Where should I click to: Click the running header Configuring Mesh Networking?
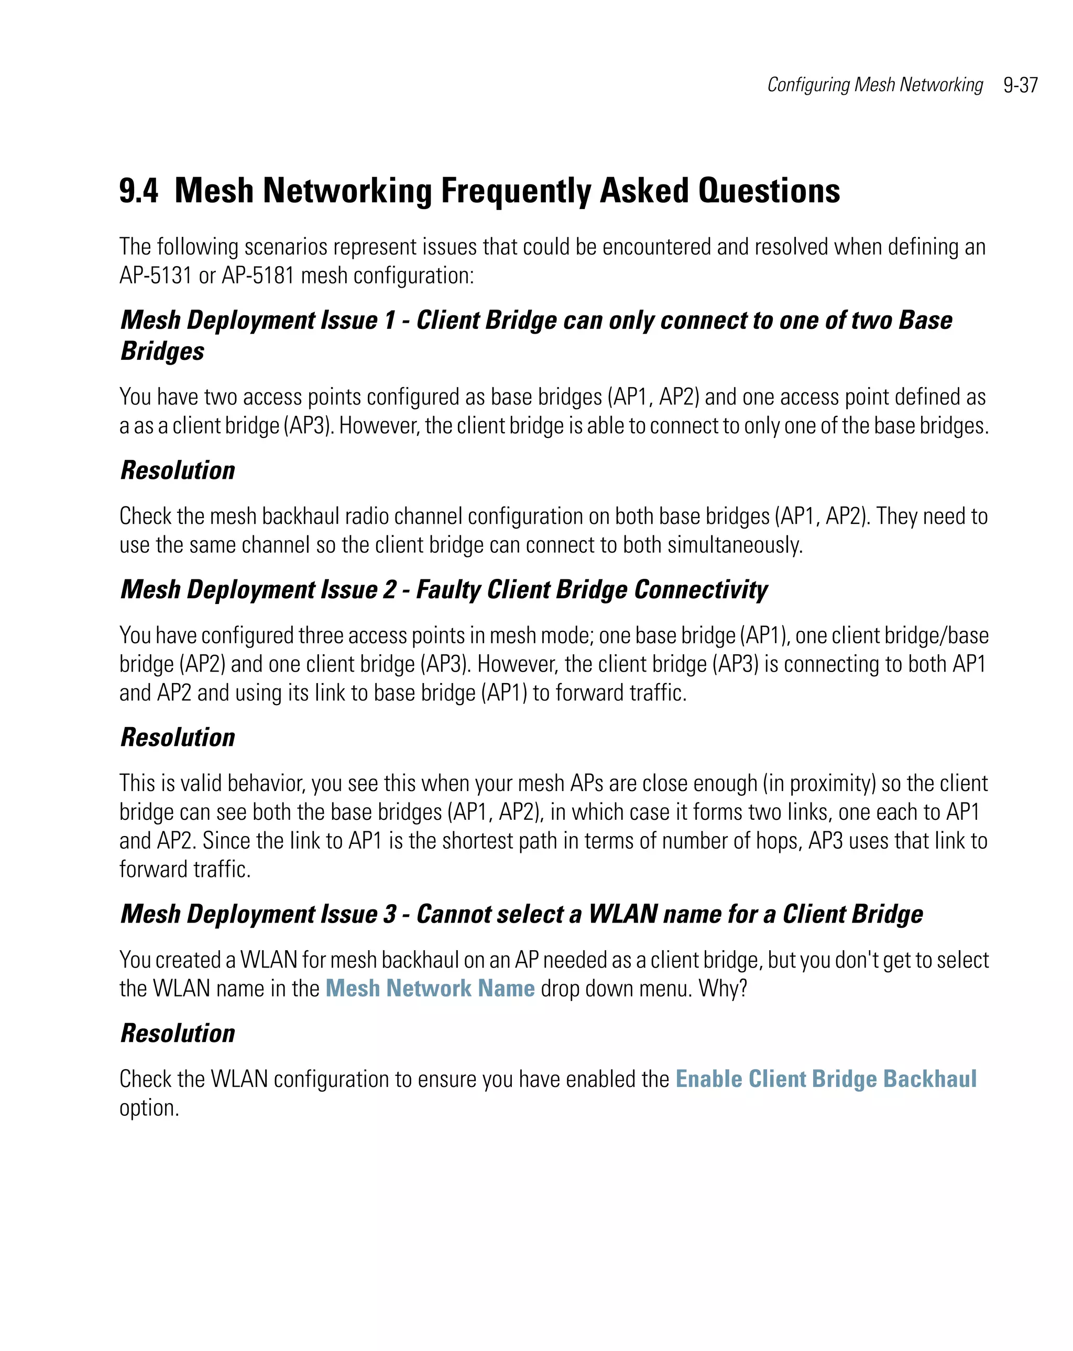874,84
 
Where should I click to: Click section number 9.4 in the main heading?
138,191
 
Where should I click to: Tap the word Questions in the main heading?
769,191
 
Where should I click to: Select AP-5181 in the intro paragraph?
258,276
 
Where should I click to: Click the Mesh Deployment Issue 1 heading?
536,320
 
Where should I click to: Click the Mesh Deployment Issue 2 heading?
444,590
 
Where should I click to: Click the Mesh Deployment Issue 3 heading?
521,914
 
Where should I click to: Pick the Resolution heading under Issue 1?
178,470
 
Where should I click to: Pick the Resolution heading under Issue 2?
178,738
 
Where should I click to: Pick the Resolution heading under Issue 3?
178,1034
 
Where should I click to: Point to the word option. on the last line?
149,1108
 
